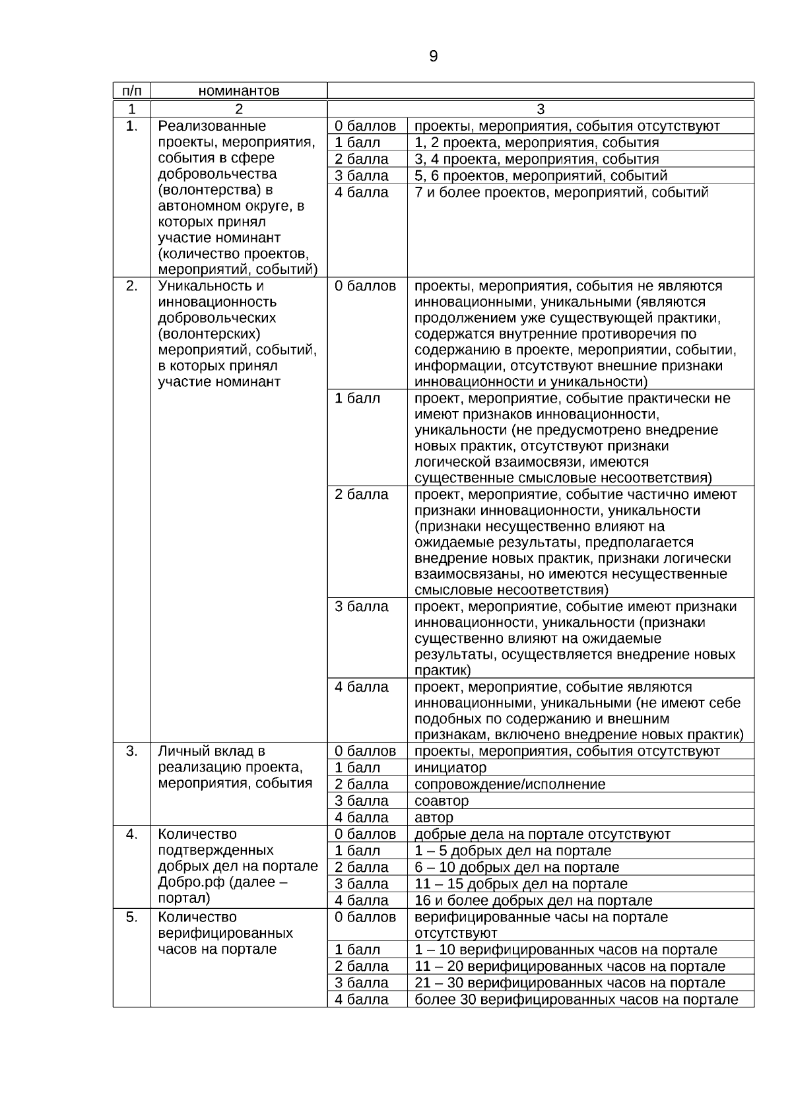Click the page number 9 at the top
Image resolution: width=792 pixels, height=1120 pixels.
[x=433, y=57]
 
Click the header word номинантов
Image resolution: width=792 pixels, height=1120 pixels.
[x=239, y=91]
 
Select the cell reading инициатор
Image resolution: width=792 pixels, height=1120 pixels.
[x=450, y=768]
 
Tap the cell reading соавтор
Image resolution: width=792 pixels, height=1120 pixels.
[x=442, y=801]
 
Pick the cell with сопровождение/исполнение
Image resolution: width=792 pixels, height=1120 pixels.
[x=510, y=784]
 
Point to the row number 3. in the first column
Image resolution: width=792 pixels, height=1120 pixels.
[x=131, y=751]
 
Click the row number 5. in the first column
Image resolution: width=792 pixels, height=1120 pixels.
[x=131, y=917]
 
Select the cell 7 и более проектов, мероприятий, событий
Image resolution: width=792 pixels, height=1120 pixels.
[x=562, y=193]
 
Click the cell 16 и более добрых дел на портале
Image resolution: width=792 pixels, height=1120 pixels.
[x=533, y=900]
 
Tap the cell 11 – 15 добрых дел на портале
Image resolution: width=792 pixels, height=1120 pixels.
[x=521, y=884]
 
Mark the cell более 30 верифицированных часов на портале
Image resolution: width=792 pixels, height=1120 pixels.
[x=576, y=999]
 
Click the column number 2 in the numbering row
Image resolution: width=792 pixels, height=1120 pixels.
[x=239, y=109]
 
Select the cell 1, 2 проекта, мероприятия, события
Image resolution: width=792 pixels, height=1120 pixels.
[x=537, y=143]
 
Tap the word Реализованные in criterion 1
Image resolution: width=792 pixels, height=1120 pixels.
[x=212, y=126]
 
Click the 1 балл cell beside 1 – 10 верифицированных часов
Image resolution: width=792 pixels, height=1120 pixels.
[x=358, y=950]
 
